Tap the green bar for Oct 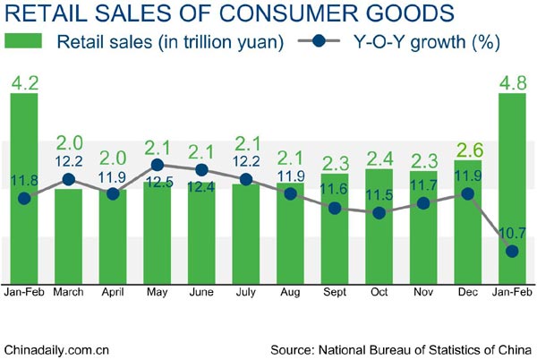(379, 224)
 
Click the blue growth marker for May (157, 166)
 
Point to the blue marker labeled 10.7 (512, 252)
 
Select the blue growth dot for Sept (334, 208)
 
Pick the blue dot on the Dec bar (467, 193)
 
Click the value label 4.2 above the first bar (24, 82)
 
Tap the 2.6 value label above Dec (467, 151)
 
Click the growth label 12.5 (157, 185)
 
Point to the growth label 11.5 (379, 193)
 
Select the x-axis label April (113, 293)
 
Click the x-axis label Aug (290, 293)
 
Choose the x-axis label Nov (422, 293)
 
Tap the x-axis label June (201, 293)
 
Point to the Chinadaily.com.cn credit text (57, 347)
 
